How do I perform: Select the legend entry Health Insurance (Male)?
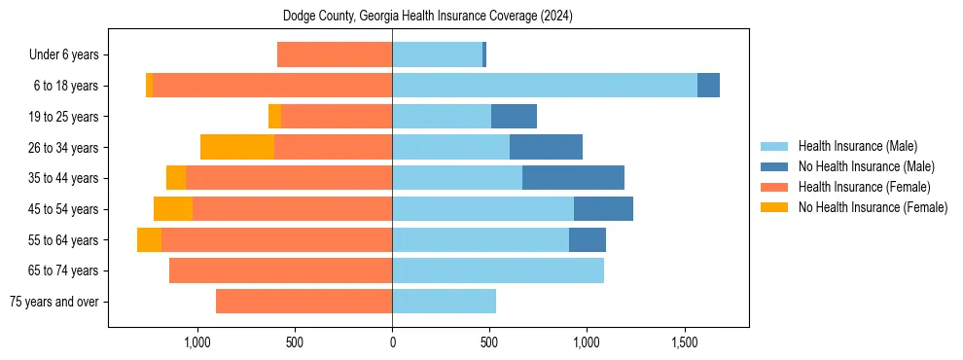click(x=857, y=146)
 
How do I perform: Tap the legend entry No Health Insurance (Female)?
click(x=873, y=207)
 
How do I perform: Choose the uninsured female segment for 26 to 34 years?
click(x=237, y=147)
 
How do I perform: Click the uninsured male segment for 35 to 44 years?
click(x=573, y=178)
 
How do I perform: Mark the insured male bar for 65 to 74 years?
click(x=498, y=270)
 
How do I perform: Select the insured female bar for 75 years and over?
click(x=303, y=302)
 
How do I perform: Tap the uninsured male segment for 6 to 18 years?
click(x=708, y=86)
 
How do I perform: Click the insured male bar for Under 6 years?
click(x=437, y=54)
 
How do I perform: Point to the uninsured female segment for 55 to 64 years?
click(x=149, y=240)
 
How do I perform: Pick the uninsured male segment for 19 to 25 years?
click(x=514, y=117)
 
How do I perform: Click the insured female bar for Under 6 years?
click(x=335, y=54)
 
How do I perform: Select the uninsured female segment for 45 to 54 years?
click(x=173, y=209)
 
